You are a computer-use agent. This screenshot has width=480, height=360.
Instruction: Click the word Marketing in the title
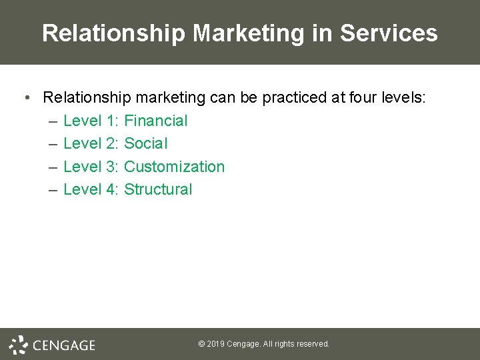click(x=241, y=33)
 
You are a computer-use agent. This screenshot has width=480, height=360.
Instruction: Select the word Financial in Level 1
click(x=156, y=121)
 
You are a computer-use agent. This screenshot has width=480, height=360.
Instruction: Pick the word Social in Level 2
click(x=146, y=143)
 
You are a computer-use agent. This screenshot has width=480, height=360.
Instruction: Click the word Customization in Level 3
click(x=175, y=167)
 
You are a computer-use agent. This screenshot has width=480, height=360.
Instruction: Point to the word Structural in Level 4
click(x=158, y=189)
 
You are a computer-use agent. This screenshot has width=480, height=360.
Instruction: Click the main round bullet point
click(x=25, y=99)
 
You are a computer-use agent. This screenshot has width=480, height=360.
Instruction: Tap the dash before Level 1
click(x=53, y=121)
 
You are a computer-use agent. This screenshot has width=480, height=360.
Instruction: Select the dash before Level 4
click(x=53, y=190)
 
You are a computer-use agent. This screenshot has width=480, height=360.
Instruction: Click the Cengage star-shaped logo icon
click(x=18, y=345)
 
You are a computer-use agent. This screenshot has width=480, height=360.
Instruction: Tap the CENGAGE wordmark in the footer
click(x=64, y=345)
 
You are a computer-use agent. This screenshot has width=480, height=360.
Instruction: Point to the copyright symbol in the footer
click(x=201, y=344)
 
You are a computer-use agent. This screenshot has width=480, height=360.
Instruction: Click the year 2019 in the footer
click(x=216, y=344)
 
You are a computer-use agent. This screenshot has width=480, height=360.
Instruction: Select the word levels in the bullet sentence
click(x=401, y=98)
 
